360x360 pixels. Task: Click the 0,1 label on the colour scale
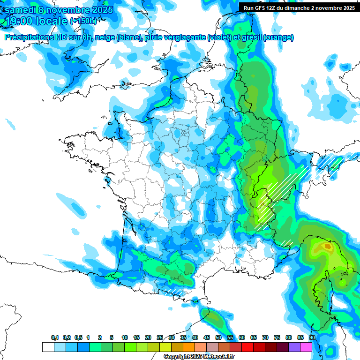[55, 338]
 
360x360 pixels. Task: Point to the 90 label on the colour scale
[312, 338]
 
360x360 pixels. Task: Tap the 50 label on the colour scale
[218, 338]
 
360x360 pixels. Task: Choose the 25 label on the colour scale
[160, 338]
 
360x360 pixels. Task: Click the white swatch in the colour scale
[48, 347]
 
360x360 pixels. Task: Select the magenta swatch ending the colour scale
[306, 347]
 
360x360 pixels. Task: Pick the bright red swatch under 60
[247, 347]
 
